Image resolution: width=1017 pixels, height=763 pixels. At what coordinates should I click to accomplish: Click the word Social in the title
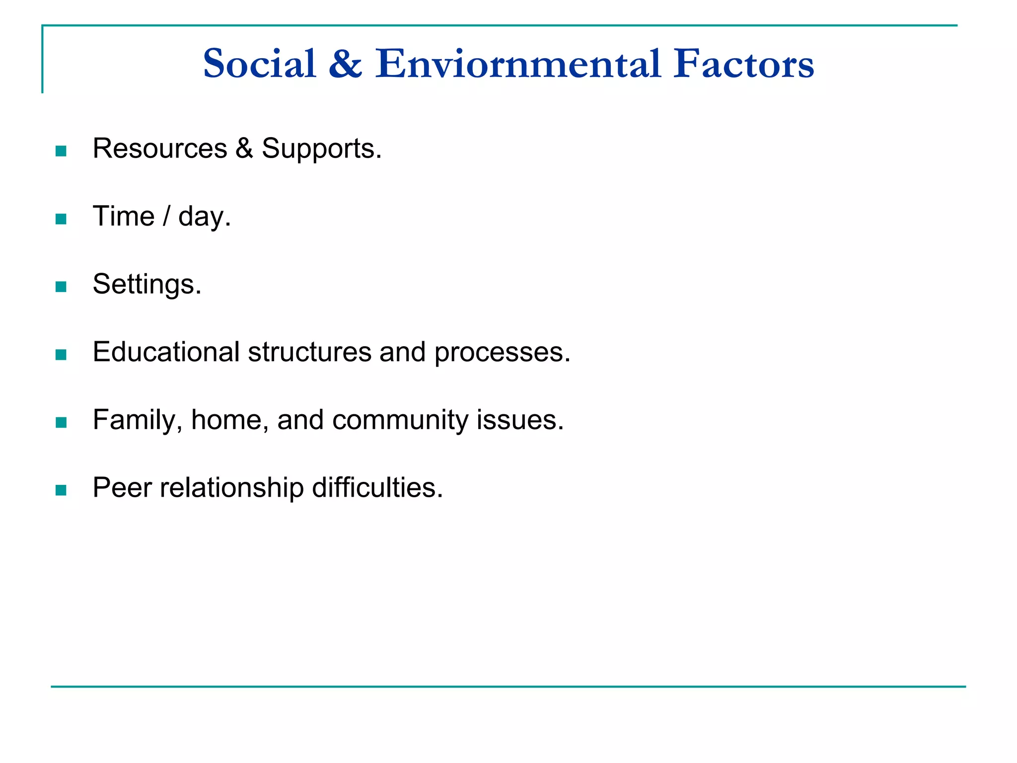[260, 64]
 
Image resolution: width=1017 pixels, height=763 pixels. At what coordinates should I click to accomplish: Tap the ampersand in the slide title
[345, 64]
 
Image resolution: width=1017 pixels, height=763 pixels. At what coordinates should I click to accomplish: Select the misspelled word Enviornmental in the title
[517, 64]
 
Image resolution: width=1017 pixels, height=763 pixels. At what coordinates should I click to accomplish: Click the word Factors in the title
[743, 64]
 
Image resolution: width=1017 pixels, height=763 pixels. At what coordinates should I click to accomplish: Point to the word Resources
[160, 149]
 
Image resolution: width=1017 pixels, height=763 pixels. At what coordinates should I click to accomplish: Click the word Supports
[321, 149]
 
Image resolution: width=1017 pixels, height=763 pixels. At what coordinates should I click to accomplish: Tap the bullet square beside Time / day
[61, 219]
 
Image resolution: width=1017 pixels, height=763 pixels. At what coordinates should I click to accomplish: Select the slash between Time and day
[166, 217]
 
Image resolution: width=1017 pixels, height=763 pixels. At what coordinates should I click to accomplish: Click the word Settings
[147, 284]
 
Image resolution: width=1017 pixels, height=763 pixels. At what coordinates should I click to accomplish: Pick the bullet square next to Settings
[61, 287]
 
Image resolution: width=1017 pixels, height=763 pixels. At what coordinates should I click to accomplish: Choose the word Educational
[166, 352]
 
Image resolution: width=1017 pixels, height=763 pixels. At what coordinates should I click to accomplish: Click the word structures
[309, 352]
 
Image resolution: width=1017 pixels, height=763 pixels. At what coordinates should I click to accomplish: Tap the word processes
[502, 352]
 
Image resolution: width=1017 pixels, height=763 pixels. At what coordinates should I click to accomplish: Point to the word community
[400, 420]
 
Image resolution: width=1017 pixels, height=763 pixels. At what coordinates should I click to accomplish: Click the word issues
[520, 420]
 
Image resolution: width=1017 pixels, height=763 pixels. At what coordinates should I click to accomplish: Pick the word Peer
[122, 488]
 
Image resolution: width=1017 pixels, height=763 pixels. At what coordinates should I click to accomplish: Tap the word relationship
[232, 488]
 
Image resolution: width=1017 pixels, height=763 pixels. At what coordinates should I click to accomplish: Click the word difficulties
[377, 488]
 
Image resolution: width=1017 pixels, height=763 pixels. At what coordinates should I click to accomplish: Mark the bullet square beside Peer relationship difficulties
[61, 490]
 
